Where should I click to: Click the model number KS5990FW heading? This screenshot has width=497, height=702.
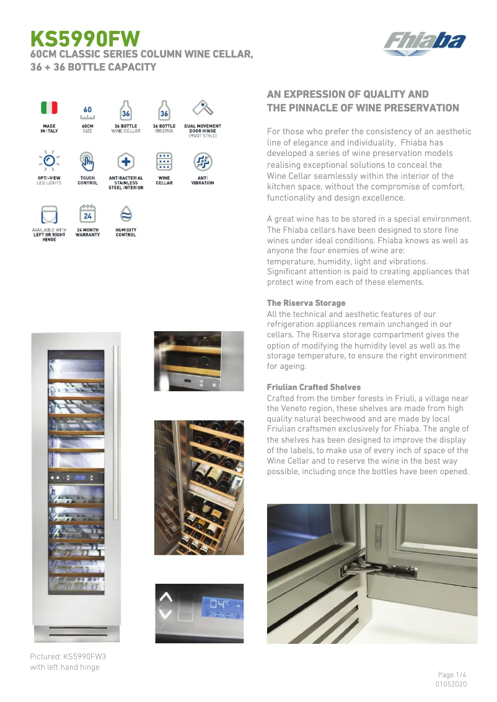click(x=86, y=40)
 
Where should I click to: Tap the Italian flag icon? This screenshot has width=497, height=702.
click(x=49, y=108)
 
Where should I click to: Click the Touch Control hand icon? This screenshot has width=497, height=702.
click(x=87, y=162)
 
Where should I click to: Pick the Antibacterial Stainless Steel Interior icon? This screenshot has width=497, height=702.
click(x=126, y=162)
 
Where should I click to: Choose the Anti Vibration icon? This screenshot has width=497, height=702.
click(x=203, y=162)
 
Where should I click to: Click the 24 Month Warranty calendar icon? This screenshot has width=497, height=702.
click(x=87, y=214)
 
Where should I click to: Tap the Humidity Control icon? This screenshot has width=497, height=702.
click(x=126, y=214)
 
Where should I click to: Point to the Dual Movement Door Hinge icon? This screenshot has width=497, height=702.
click(x=203, y=108)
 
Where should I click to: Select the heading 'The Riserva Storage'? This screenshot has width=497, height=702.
click(x=306, y=303)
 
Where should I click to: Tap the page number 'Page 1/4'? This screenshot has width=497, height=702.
click(x=452, y=674)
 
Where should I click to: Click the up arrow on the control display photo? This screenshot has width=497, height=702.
click(x=165, y=597)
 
